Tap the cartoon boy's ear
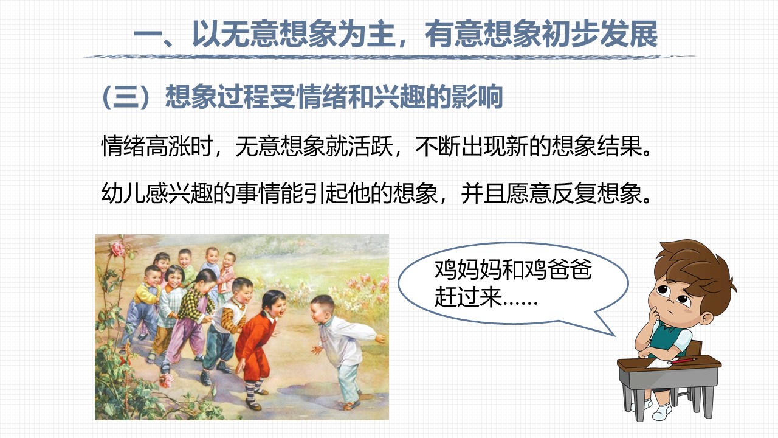click(706, 319)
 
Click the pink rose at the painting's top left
click(117, 249)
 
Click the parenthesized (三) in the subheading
click(127, 97)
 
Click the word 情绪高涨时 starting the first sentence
click(157, 146)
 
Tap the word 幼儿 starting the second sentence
click(123, 193)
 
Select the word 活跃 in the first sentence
click(371, 146)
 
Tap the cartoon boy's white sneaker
click(662, 412)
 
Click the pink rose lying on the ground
click(167, 380)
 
